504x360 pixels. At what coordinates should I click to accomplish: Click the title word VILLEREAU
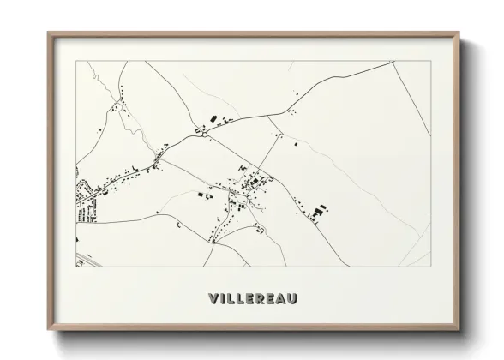(x=252, y=298)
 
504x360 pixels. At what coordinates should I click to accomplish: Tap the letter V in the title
(x=213, y=298)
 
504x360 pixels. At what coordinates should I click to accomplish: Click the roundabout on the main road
(x=206, y=133)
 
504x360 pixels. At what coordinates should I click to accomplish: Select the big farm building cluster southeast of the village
(x=320, y=211)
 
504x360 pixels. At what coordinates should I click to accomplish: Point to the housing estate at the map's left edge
(x=87, y=197)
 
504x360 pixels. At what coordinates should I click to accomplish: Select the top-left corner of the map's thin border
(x=76, y=62)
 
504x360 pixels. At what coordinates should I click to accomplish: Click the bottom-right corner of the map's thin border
(x=431, y=267)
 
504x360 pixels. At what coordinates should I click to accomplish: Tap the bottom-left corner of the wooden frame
(x=48, y=329)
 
